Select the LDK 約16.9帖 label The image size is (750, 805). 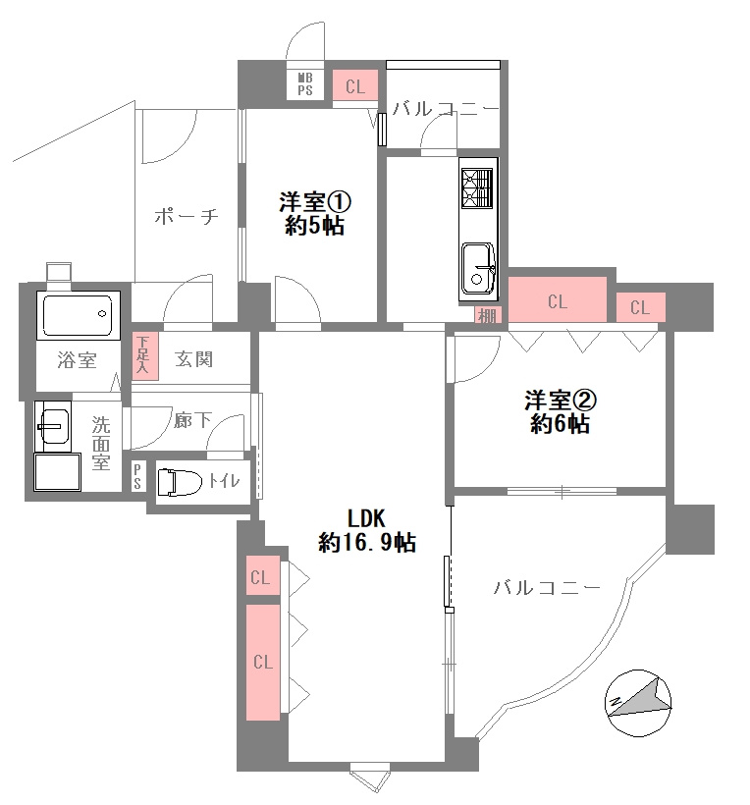coord(366,530)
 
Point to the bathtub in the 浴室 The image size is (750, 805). coord(78,314)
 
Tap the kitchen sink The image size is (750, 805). coord(479,267)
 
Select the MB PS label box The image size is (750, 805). coord(305,83)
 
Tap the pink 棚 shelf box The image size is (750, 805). coord(487,315)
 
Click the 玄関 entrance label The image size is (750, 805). coord(193,359)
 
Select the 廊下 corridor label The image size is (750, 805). coord(192,421)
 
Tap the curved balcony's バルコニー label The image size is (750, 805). coord(546,588)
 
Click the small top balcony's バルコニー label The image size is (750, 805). coord(446,109)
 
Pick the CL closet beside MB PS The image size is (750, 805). coord(354,86)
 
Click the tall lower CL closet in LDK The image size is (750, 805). coord(262,663)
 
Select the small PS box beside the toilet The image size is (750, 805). coord(138,477)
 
